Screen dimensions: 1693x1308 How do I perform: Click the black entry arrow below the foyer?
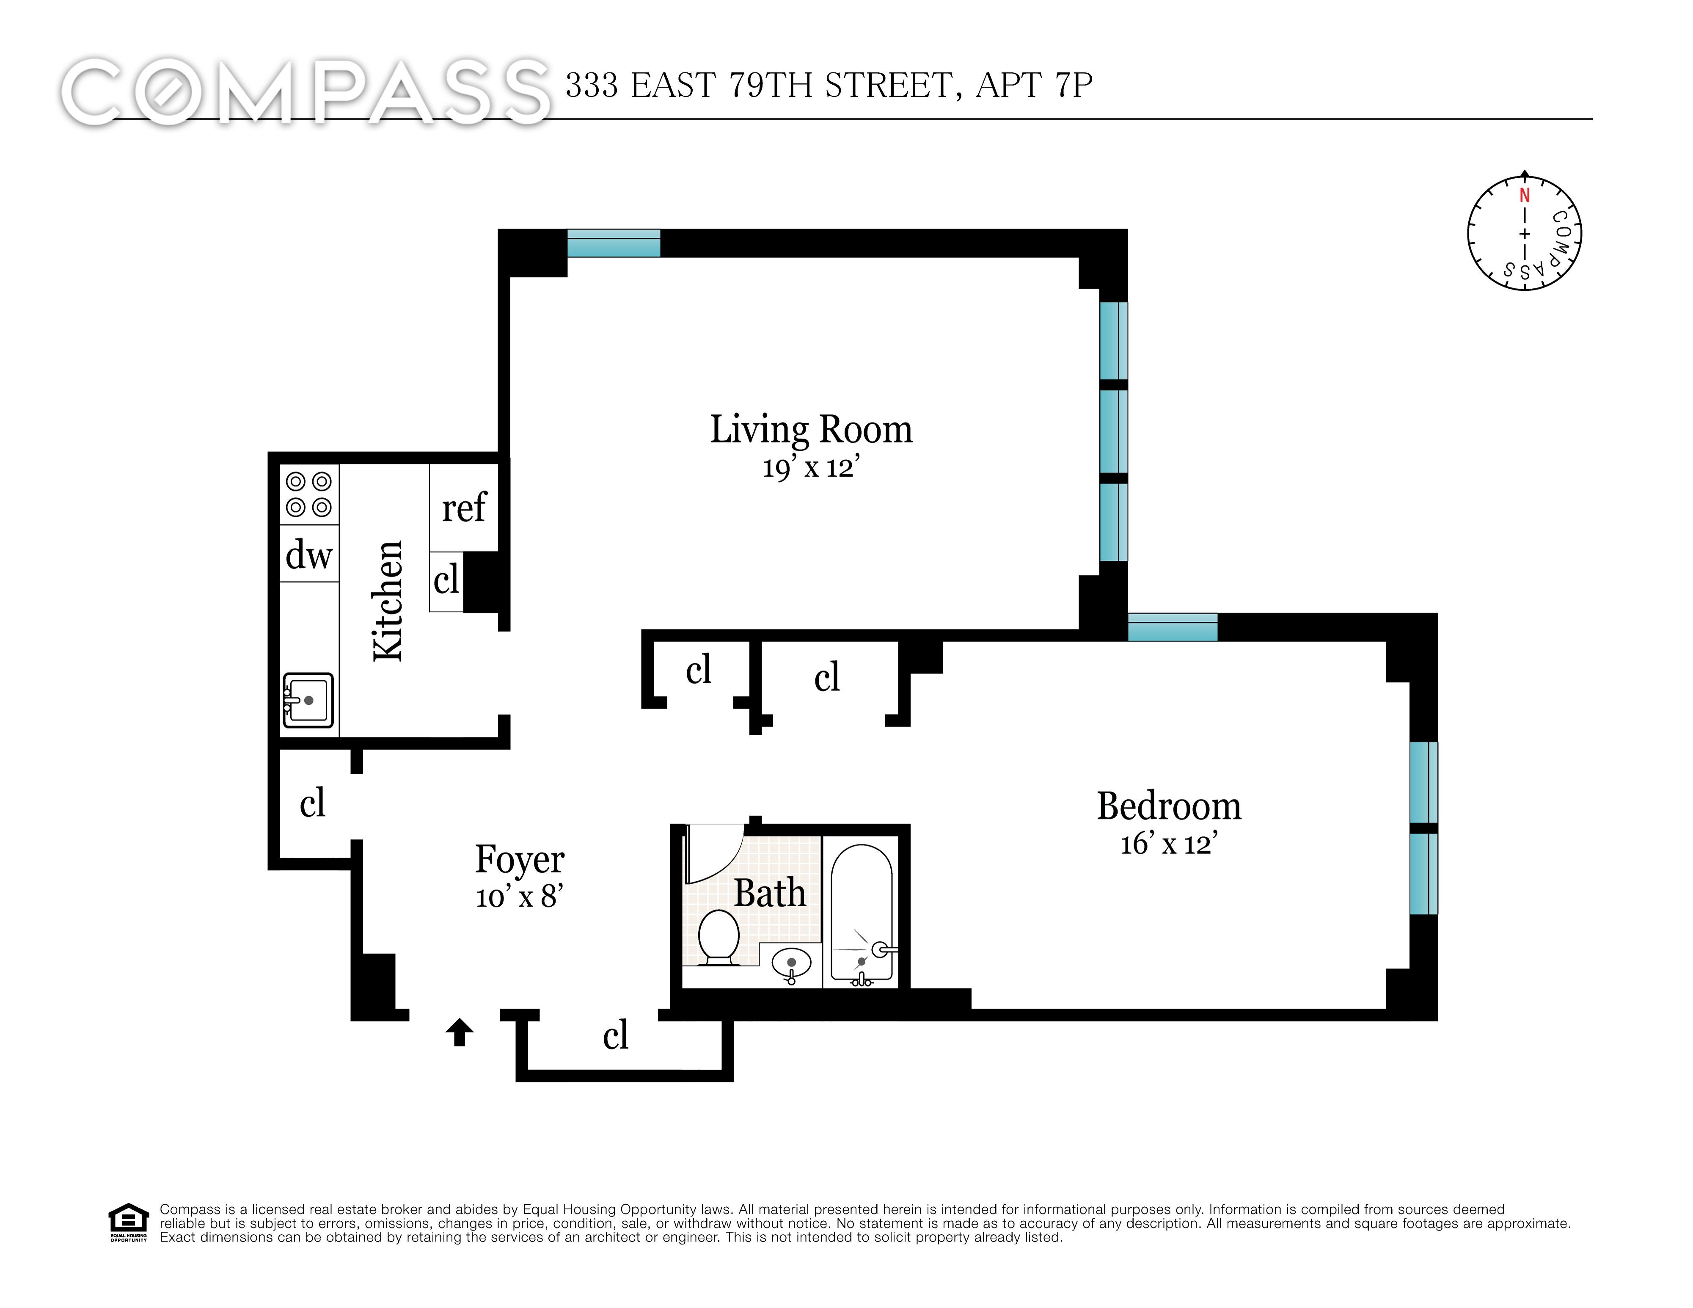click(460, 1032)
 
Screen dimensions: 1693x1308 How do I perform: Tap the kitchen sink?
click(308, 700)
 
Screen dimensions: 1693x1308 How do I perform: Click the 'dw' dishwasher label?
click(308, 555)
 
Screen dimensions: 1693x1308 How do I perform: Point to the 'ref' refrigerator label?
click(464, 508)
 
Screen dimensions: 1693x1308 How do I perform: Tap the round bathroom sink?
click(791, 964)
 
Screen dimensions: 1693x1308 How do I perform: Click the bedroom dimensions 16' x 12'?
click(1169, 844)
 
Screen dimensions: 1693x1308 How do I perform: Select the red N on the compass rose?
click(1524, 196)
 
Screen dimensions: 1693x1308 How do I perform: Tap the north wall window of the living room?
click(613, 243)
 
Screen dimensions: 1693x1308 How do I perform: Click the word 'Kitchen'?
click(388, 601)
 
